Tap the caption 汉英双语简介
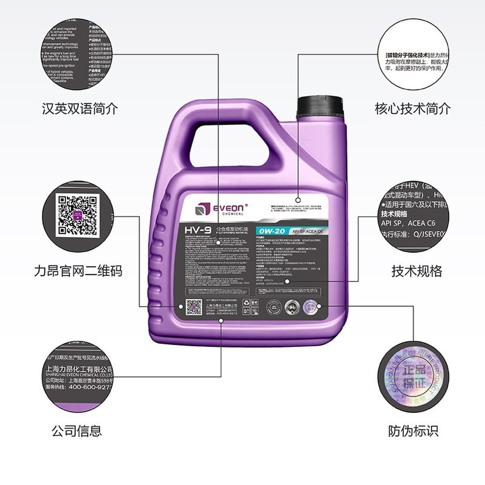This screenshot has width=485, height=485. pos(80,109)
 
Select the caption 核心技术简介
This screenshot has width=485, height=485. pos(413,109)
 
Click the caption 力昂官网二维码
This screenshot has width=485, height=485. pos(78,271)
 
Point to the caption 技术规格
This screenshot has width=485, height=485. pos(417,271)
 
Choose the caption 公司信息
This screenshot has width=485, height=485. pos(77,431)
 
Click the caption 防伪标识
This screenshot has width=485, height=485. pos(413,431)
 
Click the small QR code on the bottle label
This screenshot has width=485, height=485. pos(194,307)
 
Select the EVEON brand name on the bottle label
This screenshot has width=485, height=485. pos(228,208)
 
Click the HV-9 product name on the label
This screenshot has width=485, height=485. pos(198,230)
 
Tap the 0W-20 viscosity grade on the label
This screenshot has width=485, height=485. pos(272,231)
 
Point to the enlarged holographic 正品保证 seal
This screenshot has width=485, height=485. pos(413,377)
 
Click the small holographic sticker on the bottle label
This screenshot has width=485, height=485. pos(310,307)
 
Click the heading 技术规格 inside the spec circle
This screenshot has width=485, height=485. pos(394,214)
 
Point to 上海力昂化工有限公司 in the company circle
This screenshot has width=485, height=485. pos(79,369)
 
